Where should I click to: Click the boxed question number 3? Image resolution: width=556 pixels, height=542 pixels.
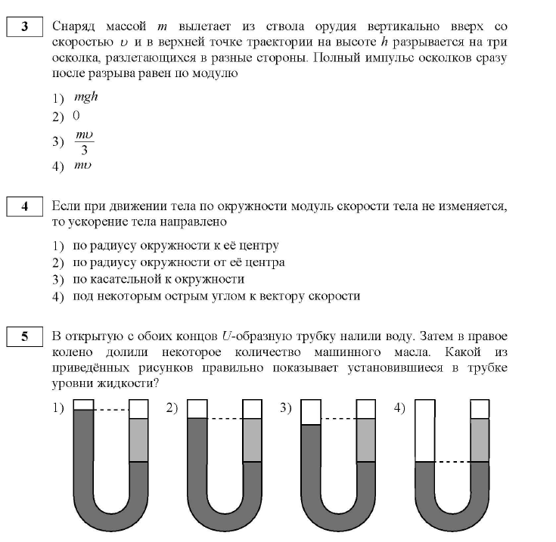pyautogui.click(x=25, y=29)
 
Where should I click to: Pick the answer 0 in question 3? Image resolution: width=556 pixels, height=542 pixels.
pyautogui.click(x=76, y=116)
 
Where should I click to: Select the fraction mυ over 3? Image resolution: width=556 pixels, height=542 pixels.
pyautogui.click(x=84, y=141)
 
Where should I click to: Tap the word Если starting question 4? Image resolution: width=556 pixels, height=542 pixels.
pyautogui.click(x=67, y=206)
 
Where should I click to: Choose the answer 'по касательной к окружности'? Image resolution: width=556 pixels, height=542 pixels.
pyautogui.click(x=158, y=280)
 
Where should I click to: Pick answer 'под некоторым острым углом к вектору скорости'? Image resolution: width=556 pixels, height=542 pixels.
pyautogui.click(x=216, y=296)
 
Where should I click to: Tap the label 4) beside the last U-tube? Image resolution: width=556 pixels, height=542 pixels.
pyautogui.click(x=400, y=407)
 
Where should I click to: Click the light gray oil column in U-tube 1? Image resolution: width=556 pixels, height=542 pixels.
pyautogui.click(x=139, y=439)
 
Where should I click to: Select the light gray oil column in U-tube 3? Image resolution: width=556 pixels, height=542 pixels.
pyautogui.click(x=366, y=439)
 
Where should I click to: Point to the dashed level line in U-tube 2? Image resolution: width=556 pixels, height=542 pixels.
pyautogui.click(x=224, y=418)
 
